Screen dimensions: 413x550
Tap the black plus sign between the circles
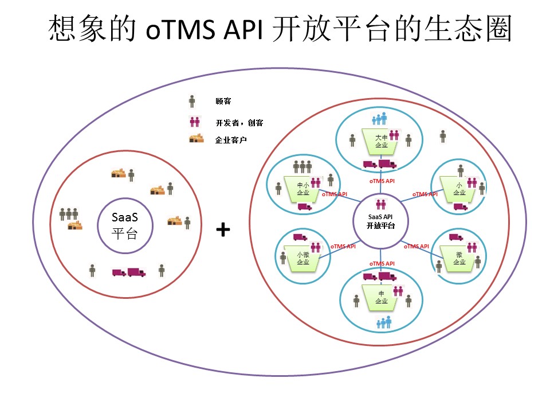(223, 230)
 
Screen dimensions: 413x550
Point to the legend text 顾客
(223, 102)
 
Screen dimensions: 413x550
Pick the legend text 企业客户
(231, 139)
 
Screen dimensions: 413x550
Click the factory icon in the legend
(197, 139)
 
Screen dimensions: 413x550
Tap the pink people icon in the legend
(194, 122)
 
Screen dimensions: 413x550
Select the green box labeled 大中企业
(381, 142)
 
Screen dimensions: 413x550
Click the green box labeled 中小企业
(303, 189)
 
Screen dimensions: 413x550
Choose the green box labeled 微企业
(459, 258)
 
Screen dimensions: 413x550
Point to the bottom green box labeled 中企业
(381, 298)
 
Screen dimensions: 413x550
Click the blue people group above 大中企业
(380, 119)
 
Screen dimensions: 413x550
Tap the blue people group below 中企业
(383, 322)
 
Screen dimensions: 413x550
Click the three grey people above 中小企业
(302, 167)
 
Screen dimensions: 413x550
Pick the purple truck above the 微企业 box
(456, 237)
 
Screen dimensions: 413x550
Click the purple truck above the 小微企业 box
(300, 237)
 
